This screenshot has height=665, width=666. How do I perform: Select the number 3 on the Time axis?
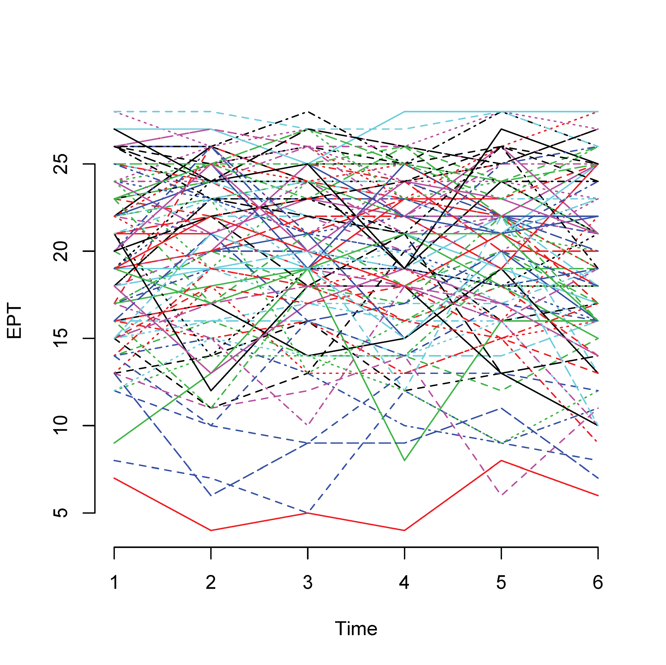point(308,583)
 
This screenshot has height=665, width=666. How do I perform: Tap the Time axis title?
point(356,628)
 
